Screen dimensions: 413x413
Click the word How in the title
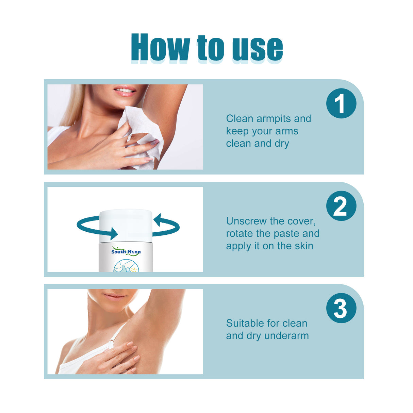160,48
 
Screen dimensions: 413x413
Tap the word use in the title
258,48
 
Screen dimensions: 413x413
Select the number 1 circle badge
341,103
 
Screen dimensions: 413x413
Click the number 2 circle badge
341,206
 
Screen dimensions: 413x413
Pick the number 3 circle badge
341,308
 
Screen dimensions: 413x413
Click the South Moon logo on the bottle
126,252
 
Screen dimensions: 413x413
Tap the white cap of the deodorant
126,225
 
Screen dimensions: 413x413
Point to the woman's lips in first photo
125,91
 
